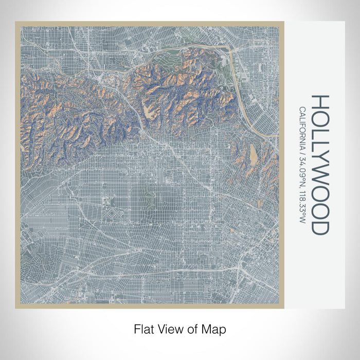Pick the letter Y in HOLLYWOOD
(x=320, y=162)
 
